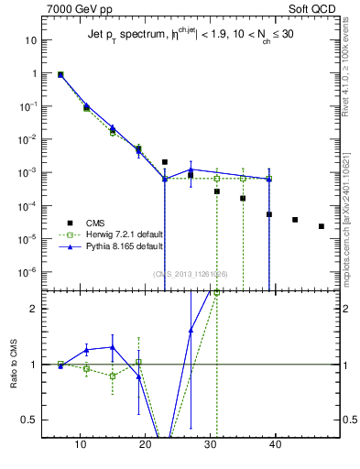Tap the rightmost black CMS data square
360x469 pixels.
[321, 226]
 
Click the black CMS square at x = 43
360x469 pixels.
[295, 220]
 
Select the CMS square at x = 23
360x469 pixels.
[165, 162]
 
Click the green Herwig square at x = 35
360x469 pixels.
[243, 178]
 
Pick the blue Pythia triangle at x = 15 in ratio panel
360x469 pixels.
[113, 347]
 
